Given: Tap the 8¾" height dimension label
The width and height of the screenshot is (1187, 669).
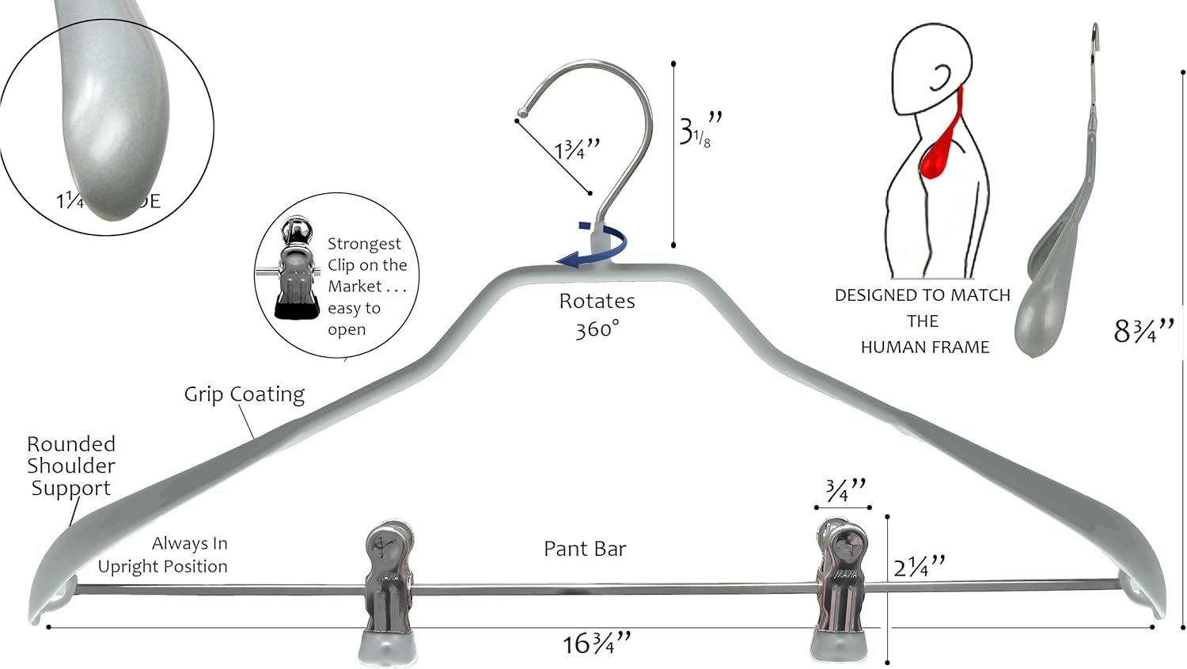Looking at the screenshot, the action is [1143, 330].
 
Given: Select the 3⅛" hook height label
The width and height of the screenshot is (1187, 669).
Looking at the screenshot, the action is [700, 131].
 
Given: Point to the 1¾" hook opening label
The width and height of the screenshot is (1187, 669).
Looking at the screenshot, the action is [577, 149].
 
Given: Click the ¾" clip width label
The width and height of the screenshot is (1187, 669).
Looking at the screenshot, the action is [845, 490].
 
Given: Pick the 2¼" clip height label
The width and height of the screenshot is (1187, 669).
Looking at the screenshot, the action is [920, 566].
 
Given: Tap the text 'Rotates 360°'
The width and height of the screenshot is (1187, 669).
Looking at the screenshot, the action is [597, 314].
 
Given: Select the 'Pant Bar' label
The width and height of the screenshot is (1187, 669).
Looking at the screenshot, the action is [585, 549].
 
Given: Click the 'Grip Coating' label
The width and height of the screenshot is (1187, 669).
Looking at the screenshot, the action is [244, 393].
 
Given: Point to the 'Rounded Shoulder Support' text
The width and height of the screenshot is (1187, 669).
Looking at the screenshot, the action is [70, 466].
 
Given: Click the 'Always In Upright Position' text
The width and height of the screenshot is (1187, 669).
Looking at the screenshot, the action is [163, 554].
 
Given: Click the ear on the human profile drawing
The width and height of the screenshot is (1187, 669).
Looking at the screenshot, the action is [940, 78].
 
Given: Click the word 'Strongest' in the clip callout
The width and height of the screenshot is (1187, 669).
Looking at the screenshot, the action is [364, 243].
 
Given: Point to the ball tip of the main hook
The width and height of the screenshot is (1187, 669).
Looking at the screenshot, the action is [521, 112].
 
